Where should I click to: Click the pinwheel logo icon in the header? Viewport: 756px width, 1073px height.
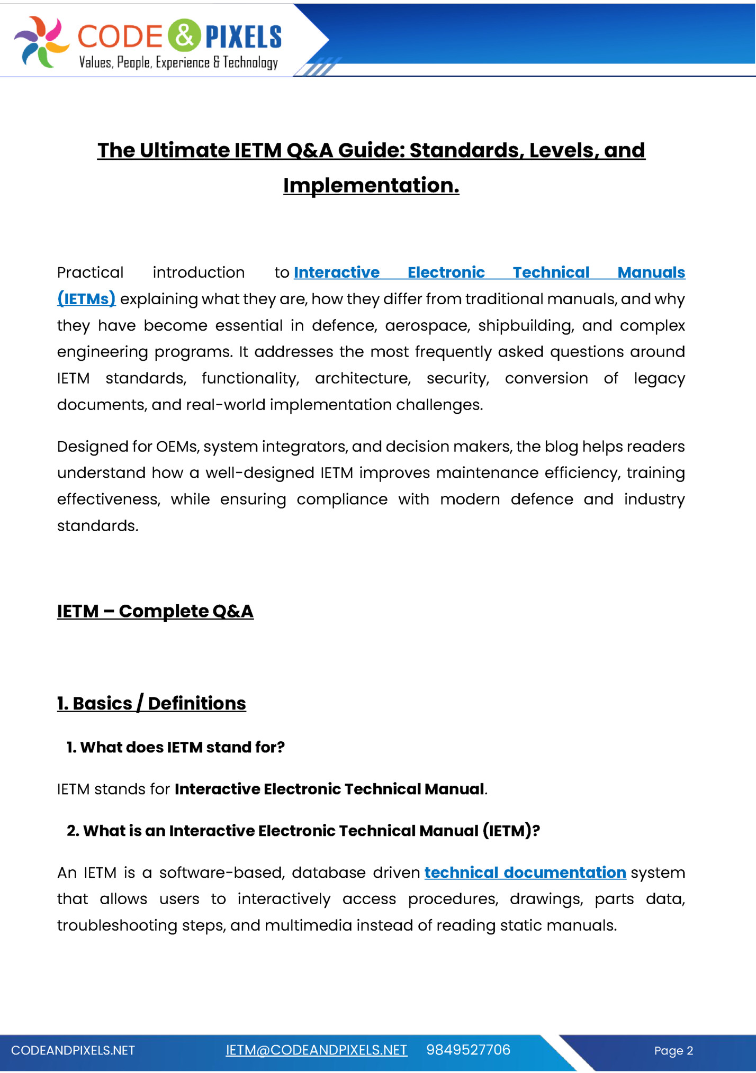(41, 41)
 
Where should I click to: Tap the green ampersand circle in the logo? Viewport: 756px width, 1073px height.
(184, 36)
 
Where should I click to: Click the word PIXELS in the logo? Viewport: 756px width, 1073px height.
(244, 37)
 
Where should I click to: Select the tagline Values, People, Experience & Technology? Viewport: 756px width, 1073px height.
(178, 62)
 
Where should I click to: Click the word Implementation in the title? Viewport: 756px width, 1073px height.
(371, 186)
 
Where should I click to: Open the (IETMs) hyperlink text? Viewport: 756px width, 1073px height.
(86, 299)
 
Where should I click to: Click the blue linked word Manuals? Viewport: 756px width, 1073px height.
(651, 272)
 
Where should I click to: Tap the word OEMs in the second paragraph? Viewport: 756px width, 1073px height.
(177, 447)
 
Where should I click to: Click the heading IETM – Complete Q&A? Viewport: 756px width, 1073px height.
(155, 611)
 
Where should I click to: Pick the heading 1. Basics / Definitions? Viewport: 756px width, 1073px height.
(151, 703)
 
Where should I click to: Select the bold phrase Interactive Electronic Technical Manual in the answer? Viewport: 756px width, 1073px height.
(329, 789)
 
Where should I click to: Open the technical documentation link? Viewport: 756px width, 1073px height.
(525, 872)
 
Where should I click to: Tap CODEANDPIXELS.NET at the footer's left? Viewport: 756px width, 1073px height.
(73, 1050)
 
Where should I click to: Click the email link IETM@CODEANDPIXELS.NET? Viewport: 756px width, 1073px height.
(317, 1050)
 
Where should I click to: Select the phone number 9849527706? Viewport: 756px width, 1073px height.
(468, 1050)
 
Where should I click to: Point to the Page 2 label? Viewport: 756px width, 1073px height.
(673, 1051)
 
